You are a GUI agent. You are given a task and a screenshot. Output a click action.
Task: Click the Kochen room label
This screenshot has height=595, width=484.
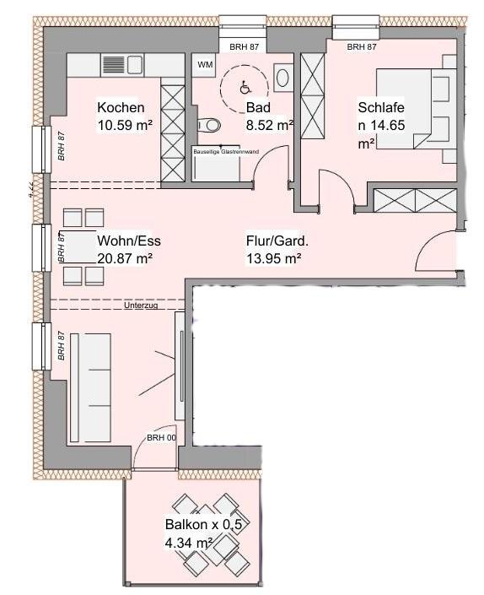pyautogui.click(x=121, y=108)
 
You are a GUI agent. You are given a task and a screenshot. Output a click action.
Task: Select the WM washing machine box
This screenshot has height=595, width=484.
pyautogui.click(x=205, y=64)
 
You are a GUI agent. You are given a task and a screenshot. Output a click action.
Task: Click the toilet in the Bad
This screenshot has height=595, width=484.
pyautogui.click(x=208, y=126)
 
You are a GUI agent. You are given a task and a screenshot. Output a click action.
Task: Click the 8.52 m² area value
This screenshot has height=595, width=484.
pyautogui.click(x=269, y=125)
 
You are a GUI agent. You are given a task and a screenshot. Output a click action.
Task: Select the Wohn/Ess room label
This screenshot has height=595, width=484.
pyautogui.click(x=128, y=241)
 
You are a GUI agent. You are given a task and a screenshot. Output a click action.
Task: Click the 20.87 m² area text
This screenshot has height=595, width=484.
pyautogui.click(x=124, y=258)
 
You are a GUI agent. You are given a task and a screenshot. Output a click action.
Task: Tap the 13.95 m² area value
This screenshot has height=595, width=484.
pyautogui.click(x=272, y=258)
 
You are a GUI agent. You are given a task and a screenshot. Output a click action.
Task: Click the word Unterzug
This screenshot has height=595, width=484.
pyautogui.click(x=141, y=306)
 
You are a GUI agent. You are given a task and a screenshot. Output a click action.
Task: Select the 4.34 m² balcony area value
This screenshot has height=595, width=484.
pyautogui.click(x=188, y=544)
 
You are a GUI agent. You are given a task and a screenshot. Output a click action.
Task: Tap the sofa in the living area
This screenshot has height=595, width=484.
pyautogui.click(x=89, y=387)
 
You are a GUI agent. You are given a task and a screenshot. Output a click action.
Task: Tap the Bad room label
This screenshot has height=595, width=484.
pyautogui.click(x=256, y=108)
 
